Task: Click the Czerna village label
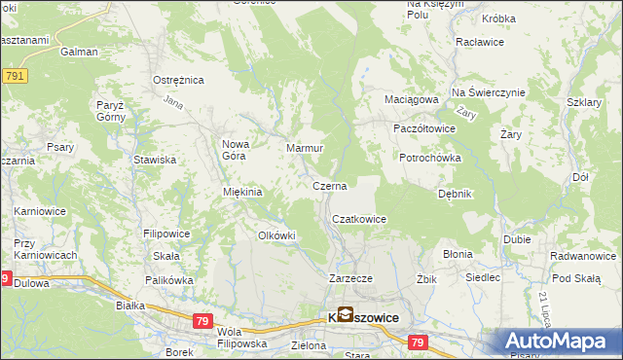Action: click(x=329, y=185)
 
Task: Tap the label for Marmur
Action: click(x=304, y=148)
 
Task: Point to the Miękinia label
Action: click(x=243, y=192)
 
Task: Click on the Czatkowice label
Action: click(x=360, y=220)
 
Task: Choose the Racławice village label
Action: click(x=478, y=44)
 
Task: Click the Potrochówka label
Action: click(x=429, y=158)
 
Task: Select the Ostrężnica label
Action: click(x=176, y=81)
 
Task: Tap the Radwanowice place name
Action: click(x=582, y=256)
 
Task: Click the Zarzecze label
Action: click(x=351, y=278)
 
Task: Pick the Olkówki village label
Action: click(x=275, y=235)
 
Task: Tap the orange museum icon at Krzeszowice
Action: click(x=346, y=314)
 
